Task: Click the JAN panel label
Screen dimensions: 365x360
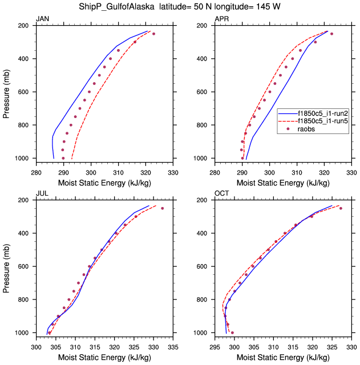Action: pos(42,19)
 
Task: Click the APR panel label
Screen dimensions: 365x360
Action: pos(221,19)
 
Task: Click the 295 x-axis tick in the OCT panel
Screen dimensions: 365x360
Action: pos(215,346)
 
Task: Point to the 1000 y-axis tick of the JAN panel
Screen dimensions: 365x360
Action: pos(23,158)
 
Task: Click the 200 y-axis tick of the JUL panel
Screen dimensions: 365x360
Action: pos(26,201)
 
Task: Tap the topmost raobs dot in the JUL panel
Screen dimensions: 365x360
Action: pos(162,208)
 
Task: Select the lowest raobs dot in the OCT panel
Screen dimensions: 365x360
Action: pos(232,332)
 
